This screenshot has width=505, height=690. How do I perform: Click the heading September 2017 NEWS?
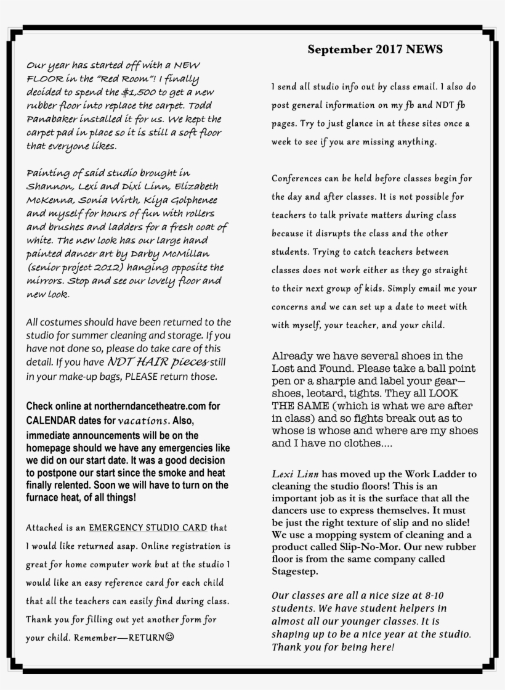375,49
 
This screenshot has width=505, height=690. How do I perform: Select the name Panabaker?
52,119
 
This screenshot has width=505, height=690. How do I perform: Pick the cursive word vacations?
143,421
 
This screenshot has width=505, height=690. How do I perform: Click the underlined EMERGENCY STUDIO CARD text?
148,528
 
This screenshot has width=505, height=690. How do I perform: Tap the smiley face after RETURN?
169,637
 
